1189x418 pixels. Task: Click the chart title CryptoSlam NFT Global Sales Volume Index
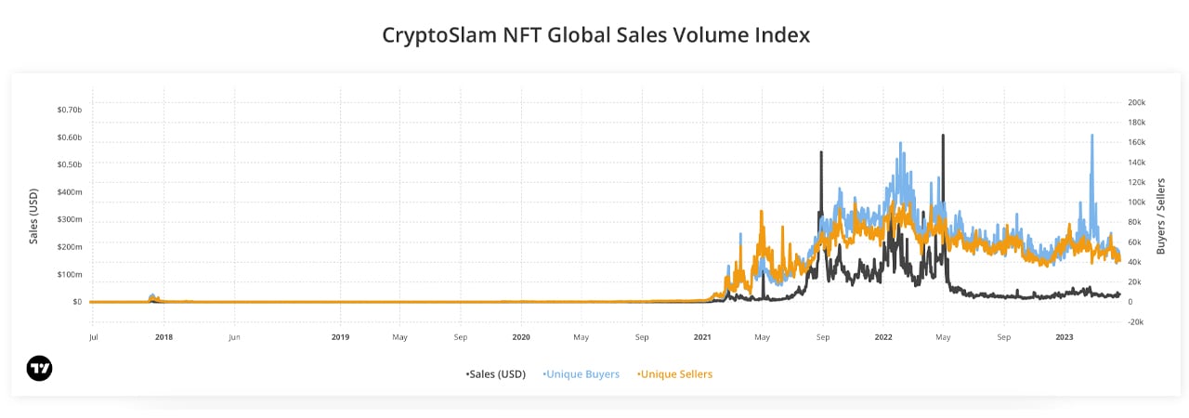[x=595, y=35]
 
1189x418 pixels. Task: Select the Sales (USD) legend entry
[x=496, y=374]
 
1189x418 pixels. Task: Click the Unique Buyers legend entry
[x=581, y=374]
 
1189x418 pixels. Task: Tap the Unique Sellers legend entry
[x=674, y=374]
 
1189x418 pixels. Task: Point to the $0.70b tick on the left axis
[x=70, y=110]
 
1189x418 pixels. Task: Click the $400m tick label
[x=70, y=192]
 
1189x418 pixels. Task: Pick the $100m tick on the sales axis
[x=70, y=274]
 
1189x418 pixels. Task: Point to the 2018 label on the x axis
[x=163, y=337]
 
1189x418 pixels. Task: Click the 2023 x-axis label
[x=1065, y=337]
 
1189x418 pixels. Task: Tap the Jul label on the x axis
[x=93, y=337]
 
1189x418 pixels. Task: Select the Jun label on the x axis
[x=235, y=337]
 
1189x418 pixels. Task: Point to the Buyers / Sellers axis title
[x=1161, y=216]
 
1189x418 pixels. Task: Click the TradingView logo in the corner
[x=40, y=369]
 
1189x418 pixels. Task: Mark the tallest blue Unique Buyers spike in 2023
[x=1091, y=136]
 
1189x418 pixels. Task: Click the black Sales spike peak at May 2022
[x=943, y=136]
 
